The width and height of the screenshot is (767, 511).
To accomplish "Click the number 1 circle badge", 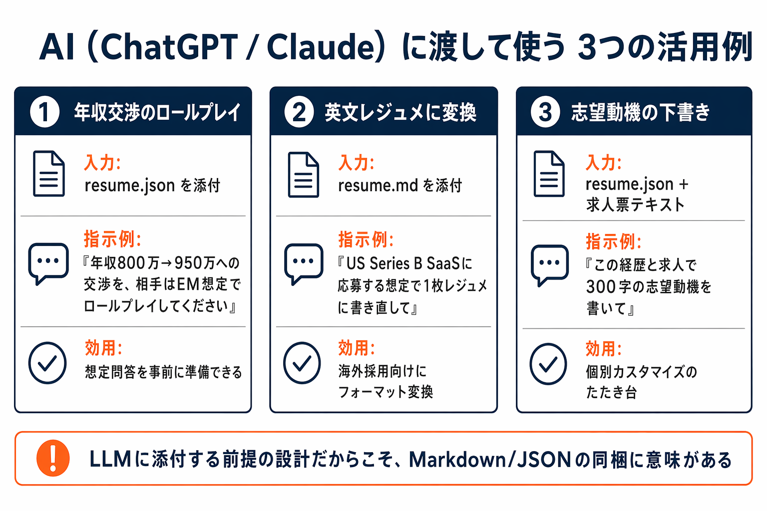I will (44, 112).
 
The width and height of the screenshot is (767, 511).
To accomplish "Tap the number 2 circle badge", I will (299, 112).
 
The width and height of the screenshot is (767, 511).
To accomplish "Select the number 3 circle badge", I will (545, 112).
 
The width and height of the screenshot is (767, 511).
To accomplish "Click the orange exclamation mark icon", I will (53, 458).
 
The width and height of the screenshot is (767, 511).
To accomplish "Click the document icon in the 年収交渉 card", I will (48, 174).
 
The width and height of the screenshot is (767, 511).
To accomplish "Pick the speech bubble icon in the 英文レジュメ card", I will (304, 263).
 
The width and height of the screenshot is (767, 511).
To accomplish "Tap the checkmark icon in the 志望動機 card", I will (548, 364).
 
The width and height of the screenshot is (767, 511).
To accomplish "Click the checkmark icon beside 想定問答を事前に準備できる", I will (47, 363).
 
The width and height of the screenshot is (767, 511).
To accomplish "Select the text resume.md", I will (378, 186).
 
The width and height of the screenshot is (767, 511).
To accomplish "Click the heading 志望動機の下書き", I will (640, 112).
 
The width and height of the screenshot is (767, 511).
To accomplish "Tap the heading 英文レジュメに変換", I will (400, 112).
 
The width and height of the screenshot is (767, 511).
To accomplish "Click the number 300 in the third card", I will (601, 286).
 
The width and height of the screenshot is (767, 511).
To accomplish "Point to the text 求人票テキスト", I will (635, 205).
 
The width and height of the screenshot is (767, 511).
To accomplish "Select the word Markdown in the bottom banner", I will (457, 460).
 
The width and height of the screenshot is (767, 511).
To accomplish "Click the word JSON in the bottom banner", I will (544, 460).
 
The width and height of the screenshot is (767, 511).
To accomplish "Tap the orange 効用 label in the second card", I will (356, 348).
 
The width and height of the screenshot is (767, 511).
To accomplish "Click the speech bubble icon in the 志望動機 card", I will (549, 264).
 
